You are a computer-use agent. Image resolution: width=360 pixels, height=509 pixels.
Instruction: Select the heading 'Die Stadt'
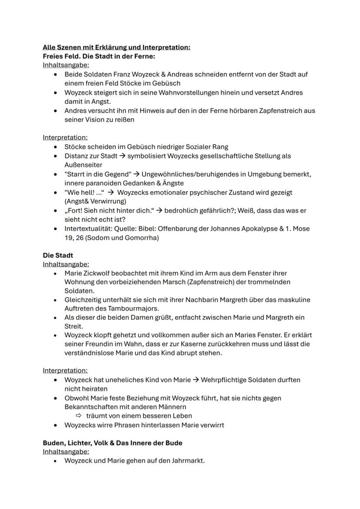[58, 255]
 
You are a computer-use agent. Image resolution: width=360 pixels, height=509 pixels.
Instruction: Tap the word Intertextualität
[85, 229]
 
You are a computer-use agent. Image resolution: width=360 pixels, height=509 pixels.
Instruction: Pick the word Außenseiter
[83, 165]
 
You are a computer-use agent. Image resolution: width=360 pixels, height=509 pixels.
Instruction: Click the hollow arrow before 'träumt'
[79, 416]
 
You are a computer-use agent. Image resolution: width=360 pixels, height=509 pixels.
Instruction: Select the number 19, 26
[74, 238]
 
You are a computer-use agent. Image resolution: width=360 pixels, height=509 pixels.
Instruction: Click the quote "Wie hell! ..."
[85, 192]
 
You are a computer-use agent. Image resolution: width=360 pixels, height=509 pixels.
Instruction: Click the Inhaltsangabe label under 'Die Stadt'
[66, 264]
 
